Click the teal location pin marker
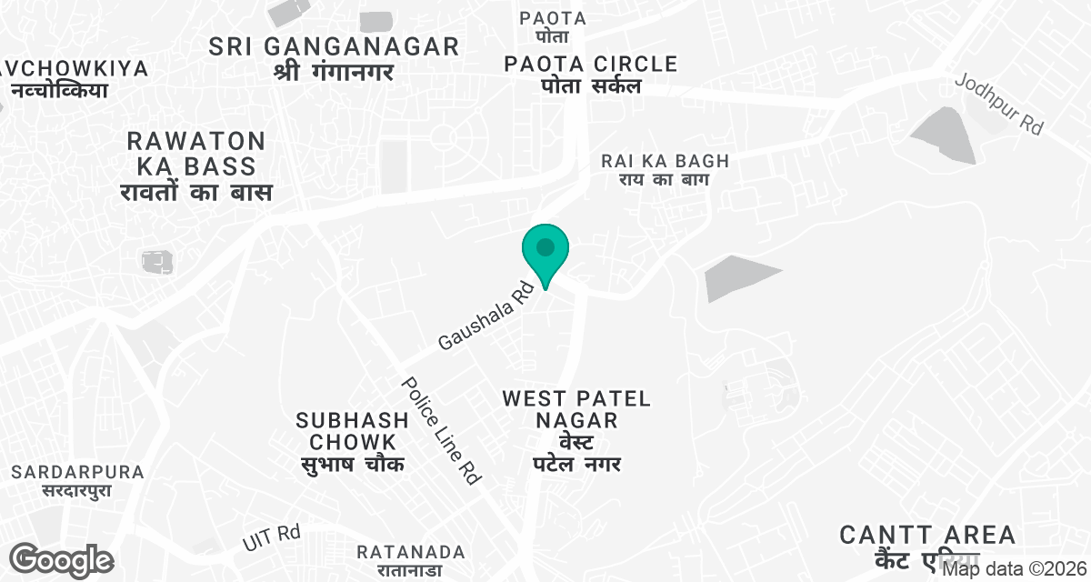(545, 252)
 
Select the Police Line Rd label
(441, 429)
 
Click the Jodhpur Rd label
(998, 104)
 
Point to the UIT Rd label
(271, 537)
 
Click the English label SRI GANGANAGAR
(334, 47)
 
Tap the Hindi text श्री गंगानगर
(334, 72)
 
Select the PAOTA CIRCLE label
(592, 64)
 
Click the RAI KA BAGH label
(666, 161)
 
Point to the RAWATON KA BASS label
(196, 154)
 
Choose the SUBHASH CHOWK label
(352, 431)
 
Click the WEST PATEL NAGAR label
(576, 409)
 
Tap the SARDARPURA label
(79, 472)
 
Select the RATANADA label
(411, 552)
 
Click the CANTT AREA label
(927, 535)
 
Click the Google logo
(62, 559)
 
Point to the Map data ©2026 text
(1014, 570)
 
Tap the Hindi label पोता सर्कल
(592, 86)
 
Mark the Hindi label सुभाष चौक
(352, 464)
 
